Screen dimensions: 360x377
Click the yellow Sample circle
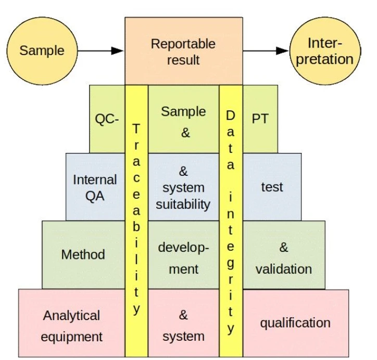42,50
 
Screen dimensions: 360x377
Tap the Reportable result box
183,52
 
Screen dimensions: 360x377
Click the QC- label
107,119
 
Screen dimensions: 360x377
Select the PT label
260,119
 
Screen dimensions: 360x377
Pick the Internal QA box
94,188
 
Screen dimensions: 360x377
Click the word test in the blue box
272,187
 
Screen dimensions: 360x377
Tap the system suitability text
183,196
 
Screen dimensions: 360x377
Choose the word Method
83,254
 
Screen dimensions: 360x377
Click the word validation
284,269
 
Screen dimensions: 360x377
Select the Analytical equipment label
71,326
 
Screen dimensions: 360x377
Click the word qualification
295,323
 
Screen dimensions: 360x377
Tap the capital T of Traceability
136,128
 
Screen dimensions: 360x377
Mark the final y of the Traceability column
136,309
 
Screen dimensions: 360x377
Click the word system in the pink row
183,337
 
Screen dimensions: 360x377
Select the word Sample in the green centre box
183,111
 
